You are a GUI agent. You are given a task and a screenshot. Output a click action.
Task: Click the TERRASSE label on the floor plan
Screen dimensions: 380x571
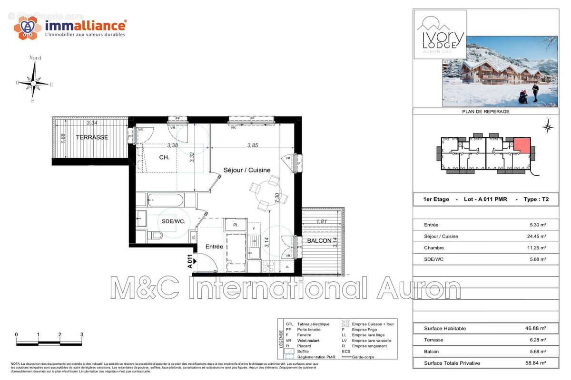click(92, 137)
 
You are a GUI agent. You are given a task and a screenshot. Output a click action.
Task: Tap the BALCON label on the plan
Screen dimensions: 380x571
click(319, 241)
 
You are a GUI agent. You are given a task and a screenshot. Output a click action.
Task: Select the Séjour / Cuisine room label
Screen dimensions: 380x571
click(247, 170)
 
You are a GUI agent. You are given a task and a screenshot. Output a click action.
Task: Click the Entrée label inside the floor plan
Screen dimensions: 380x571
click(214, 247)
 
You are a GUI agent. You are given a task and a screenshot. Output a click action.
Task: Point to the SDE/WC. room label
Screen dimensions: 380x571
click(173, 221)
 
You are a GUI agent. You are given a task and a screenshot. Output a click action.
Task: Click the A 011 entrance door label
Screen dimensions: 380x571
click(189, 262)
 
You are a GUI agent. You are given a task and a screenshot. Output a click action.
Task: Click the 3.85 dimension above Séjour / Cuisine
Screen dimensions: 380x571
click(252, 145)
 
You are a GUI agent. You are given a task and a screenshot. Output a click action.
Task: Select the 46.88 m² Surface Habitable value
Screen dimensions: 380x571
click(535, 328)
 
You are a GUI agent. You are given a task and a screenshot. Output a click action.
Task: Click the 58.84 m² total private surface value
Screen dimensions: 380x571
click(535, 363)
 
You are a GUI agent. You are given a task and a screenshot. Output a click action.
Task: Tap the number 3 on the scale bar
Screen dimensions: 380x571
click(82, 335)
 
